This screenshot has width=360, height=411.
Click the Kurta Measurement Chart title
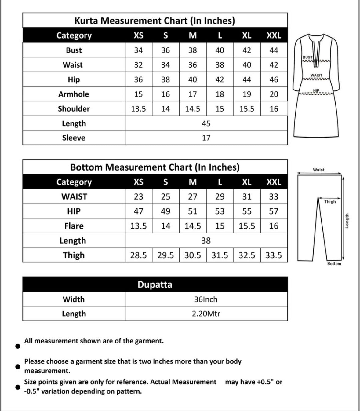click(x=155, y=21)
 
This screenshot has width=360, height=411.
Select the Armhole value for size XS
click(x=138, y=94)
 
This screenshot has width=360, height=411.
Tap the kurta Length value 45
click(x=206, y=123)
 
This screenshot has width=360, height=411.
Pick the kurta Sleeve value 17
click(x=206, y=138)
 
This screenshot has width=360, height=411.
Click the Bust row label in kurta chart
click(x=74, y=50)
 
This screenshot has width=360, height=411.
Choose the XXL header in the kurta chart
click(x=274, y=35)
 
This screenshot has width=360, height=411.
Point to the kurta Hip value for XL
click(x=247, y=79)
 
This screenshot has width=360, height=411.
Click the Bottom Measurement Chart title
click(x=155, y=167)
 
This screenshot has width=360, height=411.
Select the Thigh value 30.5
click(x=193, y=255)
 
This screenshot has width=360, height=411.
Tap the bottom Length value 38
click(x=206, y=240)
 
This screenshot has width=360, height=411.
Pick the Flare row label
click(x=74, y=226)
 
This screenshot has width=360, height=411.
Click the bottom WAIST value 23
click(x=138, y=196)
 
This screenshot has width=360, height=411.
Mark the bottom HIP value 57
click(x=274, y=211)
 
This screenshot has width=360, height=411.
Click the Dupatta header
click(x=155, y=284)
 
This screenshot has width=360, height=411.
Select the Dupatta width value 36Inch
click(x=206, y=299)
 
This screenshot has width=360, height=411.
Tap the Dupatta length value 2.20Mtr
click(x=206, y=314)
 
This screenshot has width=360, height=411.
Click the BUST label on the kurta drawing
click(x=307, y=57)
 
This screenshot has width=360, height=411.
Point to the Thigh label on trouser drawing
click(x=330, y=202)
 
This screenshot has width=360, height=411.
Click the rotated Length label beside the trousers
click(x=347, y=221)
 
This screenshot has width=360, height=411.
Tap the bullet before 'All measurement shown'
click(x=18, y=346)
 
